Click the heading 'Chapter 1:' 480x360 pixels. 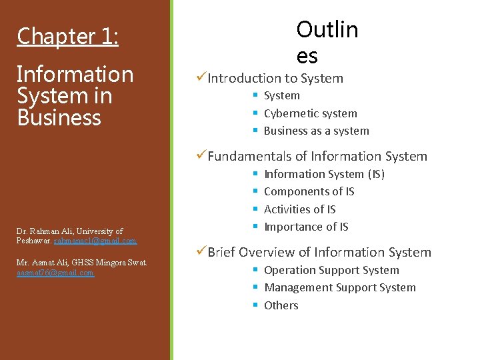pyautogui.click(x=67, y=36)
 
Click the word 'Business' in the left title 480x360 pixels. pyautogui.click(x=59, y=118)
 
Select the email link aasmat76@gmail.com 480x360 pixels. pyautogui.click(x=55, y=272)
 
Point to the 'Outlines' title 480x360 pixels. pyautogui.click(x=327, y=41)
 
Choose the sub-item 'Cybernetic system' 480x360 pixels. pyautogui.click(x=310, y=113)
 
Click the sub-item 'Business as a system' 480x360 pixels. pyautogui.click(x=316, y=131)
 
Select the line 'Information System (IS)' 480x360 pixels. pyautogui.click(x=324, y=174)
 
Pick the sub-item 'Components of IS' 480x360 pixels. pyautogui.click(x=309, y=191)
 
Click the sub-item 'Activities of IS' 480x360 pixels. pyautogui.click(x=299, y=209)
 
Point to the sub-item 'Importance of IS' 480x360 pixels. pyautogui.click(x=306, y=227)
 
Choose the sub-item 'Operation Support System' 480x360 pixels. pyautogui.click(x=331, y=270)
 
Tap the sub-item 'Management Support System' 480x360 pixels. pyautogui.click(x=339, y=287)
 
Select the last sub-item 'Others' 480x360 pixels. pyautogui.click(x=281, y=305)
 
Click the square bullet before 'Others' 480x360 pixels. pyautogui.click(x=255, y=305)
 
